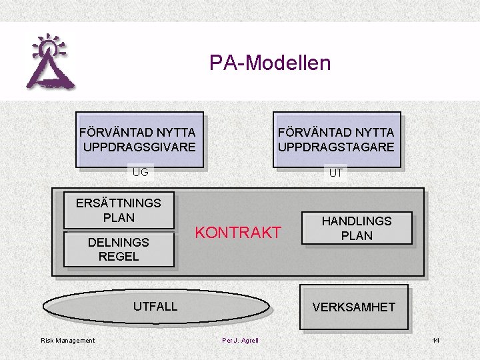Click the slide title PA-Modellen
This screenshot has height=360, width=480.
coord(270,63)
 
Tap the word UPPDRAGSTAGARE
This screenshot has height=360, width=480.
coord(336,147)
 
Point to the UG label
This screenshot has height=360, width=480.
coord(140,173)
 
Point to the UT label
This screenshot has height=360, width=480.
coord(336,173)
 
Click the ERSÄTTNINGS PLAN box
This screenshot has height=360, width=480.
coord(119,210)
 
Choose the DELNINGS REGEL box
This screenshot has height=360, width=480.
coord(119,249)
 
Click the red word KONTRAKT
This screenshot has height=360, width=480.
coord(238,233)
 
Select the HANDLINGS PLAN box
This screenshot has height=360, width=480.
coord(357,228)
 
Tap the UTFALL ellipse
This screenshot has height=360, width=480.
coord(155,307)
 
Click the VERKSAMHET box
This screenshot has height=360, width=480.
coord(354,307)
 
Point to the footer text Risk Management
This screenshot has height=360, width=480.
coord(68,341)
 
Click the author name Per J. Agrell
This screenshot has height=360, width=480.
coord(240,341)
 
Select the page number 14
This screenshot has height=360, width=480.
coord(435,341)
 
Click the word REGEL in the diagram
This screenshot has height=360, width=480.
coord(119,256)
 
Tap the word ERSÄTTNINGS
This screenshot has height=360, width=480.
coord(119,203)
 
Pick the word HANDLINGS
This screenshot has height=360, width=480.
coord(357,221)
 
